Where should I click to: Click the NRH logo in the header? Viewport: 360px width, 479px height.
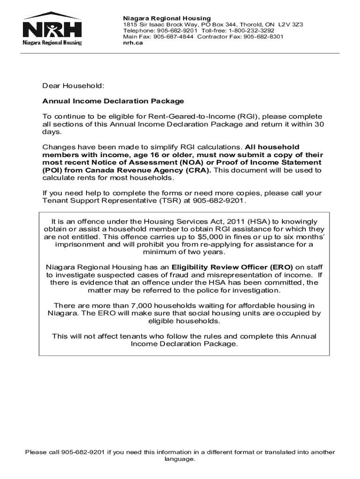(52, 29)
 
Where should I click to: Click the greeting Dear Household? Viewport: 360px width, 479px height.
(72, 86)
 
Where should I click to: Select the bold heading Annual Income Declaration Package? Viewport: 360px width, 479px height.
(113, 101)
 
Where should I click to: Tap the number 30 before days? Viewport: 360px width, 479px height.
(318, 124)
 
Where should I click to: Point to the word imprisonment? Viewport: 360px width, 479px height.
(79, 244)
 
